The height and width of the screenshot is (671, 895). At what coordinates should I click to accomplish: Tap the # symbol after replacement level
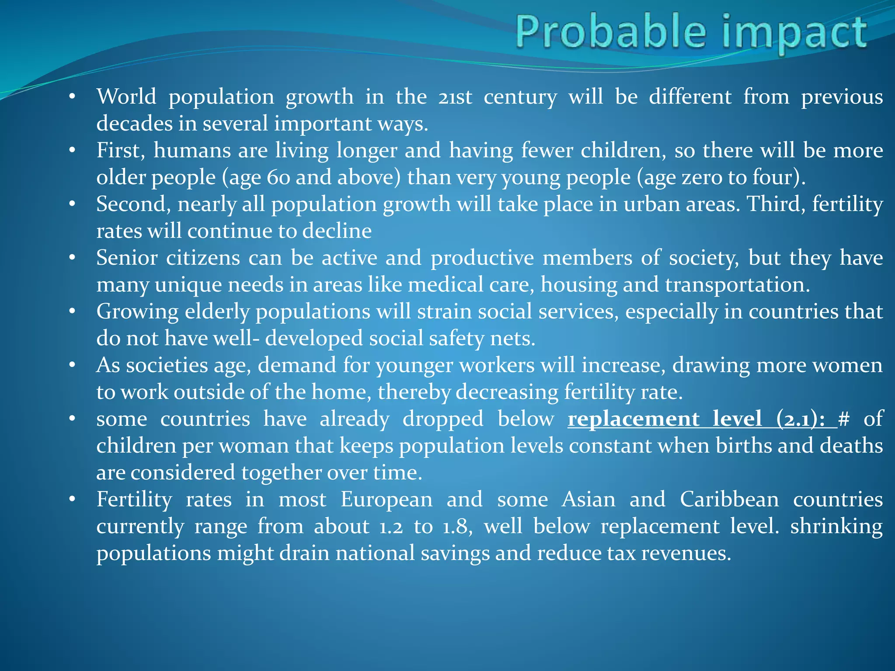[844, 419]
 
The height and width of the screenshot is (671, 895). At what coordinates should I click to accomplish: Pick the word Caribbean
[729, 500]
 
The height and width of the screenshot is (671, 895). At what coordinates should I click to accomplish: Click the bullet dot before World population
[73, 96]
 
